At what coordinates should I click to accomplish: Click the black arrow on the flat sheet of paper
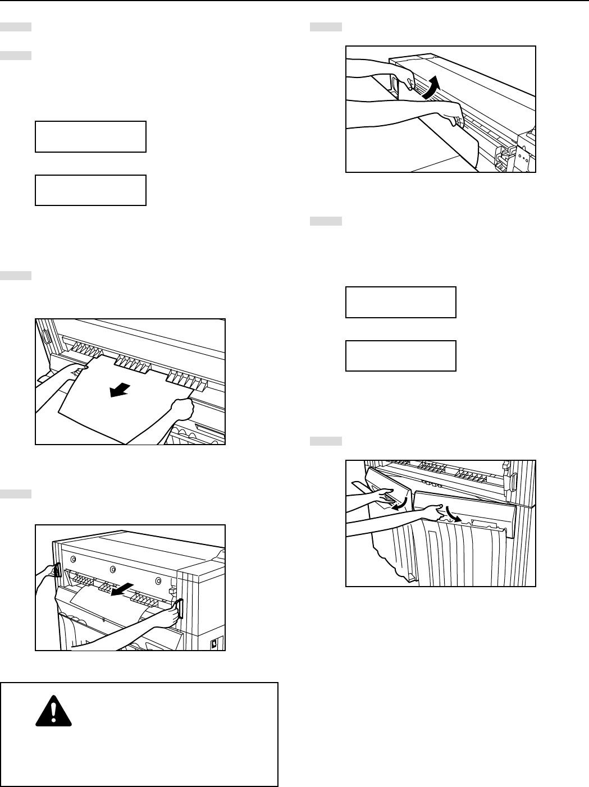[121, 389]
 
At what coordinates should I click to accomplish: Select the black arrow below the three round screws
[122, 589]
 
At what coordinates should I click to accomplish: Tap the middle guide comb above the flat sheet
[133, 364]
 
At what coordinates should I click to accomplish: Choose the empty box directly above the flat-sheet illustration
[90, 190]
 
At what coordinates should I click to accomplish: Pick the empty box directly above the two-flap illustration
[400, 355]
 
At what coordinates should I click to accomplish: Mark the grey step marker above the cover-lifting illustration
[326, 26]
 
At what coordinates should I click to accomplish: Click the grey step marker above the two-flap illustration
[326, 441]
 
